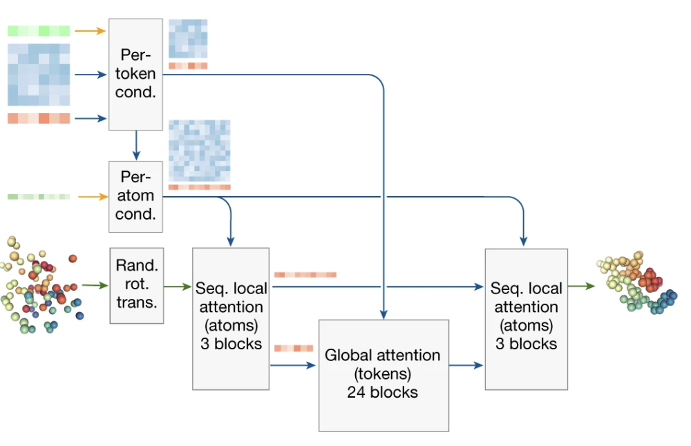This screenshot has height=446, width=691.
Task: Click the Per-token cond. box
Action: pyautogui.click(x=136, y=75)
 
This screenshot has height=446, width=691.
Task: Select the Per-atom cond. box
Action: pyautogui.click(x=136, y=196)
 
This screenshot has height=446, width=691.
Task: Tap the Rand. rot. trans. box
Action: pyautogui.click(x=136, y=285)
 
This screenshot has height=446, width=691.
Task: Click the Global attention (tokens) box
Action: pyautogui.click(x=384, y=375)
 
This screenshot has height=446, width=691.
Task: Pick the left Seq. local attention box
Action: pyautogui.click(x=230, y=318)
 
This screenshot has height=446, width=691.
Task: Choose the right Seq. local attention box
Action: pyautogui.click(x=526, y=318)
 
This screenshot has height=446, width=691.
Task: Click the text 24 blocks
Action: pyautogui.click(x=383, y=393)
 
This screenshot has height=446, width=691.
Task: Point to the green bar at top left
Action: pyautogui.click(x=39, y=31)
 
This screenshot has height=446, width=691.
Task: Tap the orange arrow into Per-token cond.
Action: pyautogui.click(x=90, y=31)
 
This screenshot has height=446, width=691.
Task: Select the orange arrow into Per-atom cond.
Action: pyautogui.click(x=90, y=197)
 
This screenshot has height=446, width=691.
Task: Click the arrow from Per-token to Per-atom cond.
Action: pyautogui.click(x=136, y=146)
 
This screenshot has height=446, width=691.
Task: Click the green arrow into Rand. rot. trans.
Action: pyautogui.click(x=95, y=284)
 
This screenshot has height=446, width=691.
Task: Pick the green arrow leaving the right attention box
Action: pyautogui.click(x=581, y=284)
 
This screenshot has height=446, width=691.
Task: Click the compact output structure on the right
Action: pyautogui.click(x=636, y=284)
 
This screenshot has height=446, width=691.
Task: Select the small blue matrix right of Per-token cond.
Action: pyautogui.click(x=188, y=39)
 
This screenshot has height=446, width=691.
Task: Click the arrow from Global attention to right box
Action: pyautogui.click(x=466, y=365)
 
